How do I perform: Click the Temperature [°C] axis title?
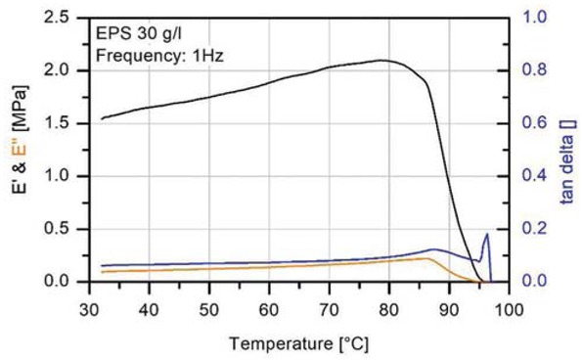pos(298,343)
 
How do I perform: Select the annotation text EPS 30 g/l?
pos(136,35)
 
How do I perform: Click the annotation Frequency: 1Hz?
pos(160,57)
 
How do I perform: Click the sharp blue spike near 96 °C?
pos(487,234)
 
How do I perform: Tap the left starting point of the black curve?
pos(102,118)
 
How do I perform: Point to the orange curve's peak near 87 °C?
pos(427,258)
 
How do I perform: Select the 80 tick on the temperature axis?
pos(388,308)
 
